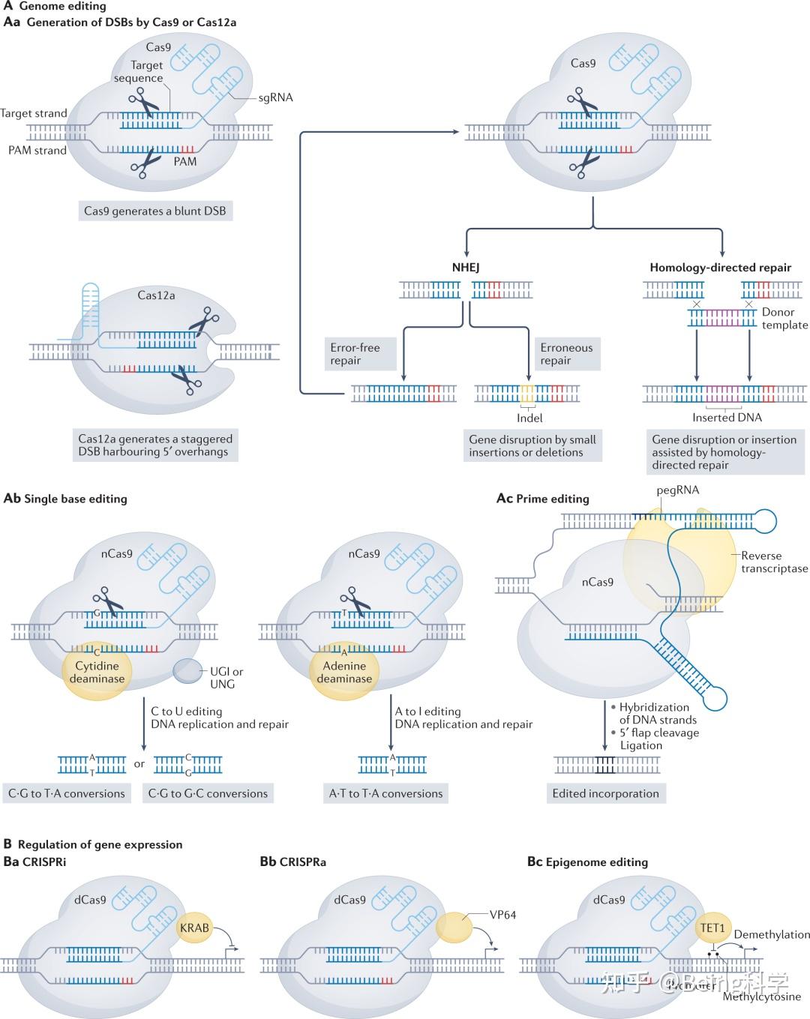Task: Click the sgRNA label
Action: (275, 97)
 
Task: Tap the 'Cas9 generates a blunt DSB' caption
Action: (154, 211)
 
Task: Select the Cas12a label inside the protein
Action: (156, 295)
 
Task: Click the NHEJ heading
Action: (466, 267)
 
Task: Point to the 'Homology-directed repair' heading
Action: (720, 267)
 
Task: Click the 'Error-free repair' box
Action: (361, 354)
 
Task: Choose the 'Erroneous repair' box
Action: (566, 354)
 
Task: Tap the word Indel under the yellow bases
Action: (529, 418)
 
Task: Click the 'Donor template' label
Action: (784, 319)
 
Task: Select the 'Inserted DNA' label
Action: (727, 418)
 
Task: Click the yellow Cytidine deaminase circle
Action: (97, 672)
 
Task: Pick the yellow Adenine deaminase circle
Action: (344, 672)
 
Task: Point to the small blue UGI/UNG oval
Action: (187, 670)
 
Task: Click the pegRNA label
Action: (677, 490)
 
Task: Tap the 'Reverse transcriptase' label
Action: (774, 562)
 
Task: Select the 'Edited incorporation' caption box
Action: (605, 793)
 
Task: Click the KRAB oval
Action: (194, 928)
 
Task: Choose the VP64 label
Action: (502, 915)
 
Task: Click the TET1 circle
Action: (712, 928)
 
